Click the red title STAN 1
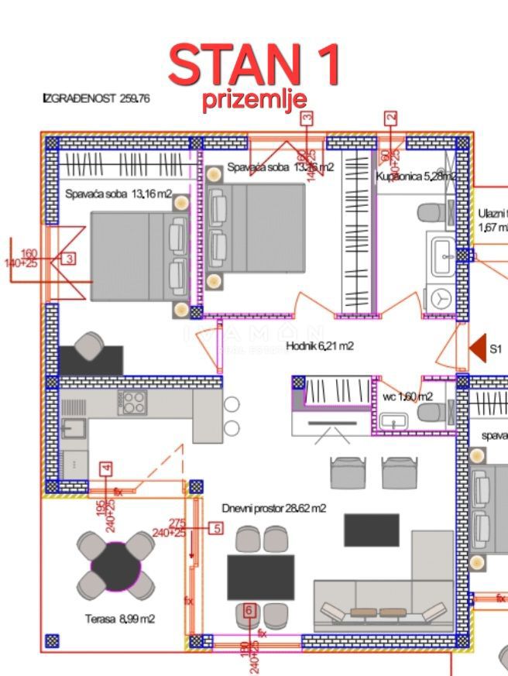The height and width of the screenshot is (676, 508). point(254,65)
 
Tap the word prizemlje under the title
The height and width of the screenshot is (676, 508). point(254,100)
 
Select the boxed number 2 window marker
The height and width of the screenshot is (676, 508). point(391,118)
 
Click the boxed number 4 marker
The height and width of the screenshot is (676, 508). point(106,468)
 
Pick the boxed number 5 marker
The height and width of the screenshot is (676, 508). point(215,529)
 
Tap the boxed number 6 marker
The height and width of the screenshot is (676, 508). point(249,610)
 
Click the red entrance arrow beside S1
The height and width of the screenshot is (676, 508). point(478,348)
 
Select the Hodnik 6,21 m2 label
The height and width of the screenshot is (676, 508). point(320,346)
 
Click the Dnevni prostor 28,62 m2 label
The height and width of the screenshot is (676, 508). point(273,509)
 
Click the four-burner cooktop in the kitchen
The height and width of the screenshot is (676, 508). point(132,403)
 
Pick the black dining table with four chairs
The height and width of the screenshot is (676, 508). point(260,576)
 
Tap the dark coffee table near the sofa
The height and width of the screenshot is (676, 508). point(372,530)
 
